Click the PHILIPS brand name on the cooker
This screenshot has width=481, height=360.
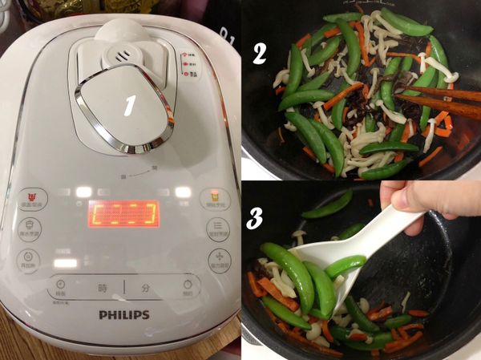point(124,314)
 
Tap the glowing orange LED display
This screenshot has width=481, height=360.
point(123,213)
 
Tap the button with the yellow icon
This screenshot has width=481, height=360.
point(215,197)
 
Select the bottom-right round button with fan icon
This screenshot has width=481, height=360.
point(218,258)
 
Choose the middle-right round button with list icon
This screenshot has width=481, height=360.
point(218,228)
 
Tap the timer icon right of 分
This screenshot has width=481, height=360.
point(188,284)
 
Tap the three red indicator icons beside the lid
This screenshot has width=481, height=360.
point(190,63)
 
